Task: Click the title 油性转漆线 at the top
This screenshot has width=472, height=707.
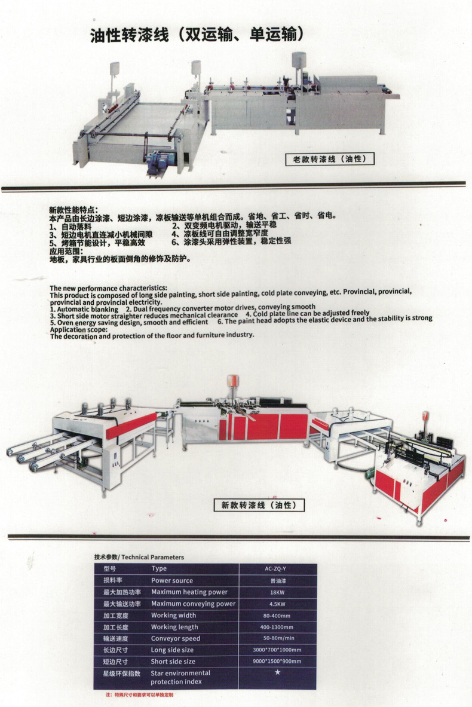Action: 130,35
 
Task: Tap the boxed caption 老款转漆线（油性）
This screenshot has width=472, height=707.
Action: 329,159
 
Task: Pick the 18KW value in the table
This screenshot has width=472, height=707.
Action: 277,592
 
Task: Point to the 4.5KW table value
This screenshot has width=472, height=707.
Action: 277,604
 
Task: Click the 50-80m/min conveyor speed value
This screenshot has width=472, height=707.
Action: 278,638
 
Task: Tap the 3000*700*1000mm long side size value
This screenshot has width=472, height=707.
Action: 277,650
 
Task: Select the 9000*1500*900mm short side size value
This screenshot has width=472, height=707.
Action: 277,662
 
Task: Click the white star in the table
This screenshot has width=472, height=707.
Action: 278,672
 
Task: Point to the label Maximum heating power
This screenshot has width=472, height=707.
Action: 189,592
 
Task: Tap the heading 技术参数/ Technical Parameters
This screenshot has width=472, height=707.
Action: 139,558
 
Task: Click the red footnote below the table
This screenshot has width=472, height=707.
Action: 139,695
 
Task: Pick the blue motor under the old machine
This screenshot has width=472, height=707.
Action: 157,161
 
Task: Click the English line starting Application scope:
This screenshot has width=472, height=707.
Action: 79,330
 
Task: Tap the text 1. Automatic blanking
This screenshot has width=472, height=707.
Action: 84,310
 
